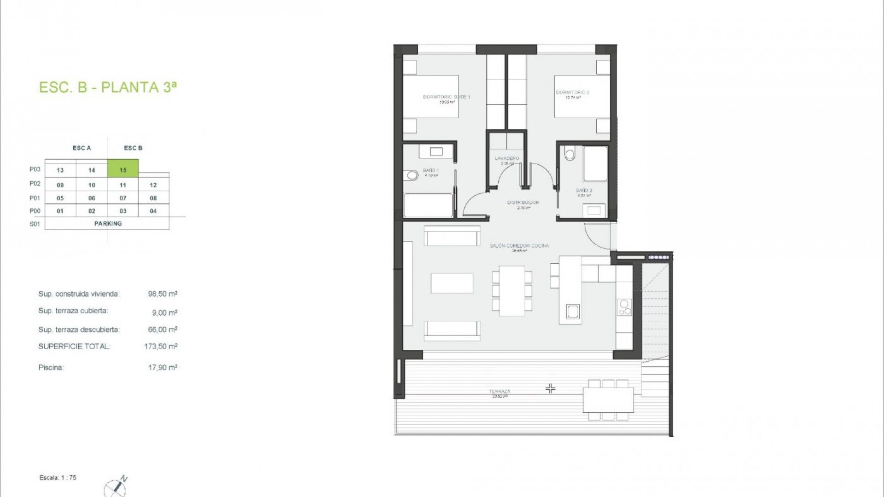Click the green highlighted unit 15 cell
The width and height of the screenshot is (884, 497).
(x=123, y=169)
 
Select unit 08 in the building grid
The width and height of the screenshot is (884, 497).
(x=153, y=198)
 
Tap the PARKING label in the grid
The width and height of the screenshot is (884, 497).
(x=108, y=224)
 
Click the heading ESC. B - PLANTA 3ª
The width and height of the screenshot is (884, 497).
(x=108, y=87)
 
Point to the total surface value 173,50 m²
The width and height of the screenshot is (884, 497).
(x=161, y=347)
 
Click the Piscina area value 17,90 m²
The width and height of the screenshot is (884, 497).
(x=163, y=368)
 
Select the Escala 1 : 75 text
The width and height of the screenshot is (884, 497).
(x=58, y=478)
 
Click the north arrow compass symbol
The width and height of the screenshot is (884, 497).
(x=115, y=487)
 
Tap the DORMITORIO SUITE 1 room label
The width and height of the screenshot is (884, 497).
(x=447, y=97)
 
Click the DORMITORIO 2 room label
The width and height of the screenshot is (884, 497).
(x=572, y=92)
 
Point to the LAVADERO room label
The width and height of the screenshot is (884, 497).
(x=507, y=158)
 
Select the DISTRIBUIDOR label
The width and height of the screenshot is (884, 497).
(x=523, y=202)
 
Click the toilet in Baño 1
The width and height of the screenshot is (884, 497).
(x=411, y=175)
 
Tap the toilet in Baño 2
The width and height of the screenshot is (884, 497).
(x=570, y=154)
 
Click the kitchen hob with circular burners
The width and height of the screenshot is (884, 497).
(x=624, y=307)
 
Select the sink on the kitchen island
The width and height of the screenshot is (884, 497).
(x=572, y=311)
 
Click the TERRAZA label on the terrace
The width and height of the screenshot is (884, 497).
(x=500, y=392)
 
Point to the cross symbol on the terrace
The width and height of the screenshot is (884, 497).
(x=550, y=389)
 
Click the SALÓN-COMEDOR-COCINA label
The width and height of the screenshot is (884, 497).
(x=519, y=246)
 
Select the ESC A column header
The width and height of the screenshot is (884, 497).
(x=82, y=148)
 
